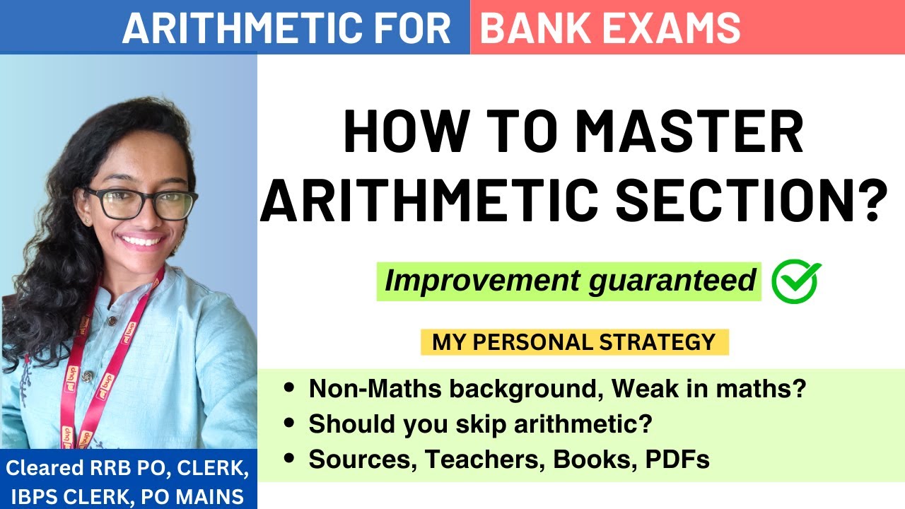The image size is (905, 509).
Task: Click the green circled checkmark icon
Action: (795, 281)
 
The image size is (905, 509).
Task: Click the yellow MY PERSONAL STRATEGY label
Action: (574, 342)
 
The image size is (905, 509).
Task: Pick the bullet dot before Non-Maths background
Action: (288, 389)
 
